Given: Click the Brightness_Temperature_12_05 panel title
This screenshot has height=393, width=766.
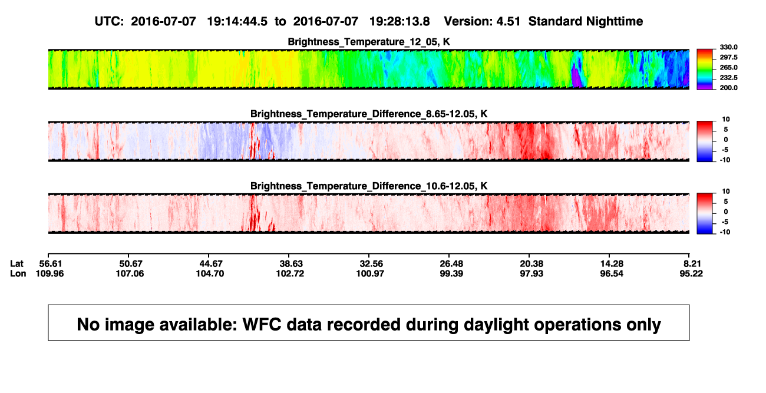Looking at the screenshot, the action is tap(369, 42).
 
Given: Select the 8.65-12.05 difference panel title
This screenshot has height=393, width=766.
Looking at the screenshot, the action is tap(369, 114).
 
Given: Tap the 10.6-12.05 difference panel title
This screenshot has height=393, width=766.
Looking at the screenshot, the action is tap(369, 186).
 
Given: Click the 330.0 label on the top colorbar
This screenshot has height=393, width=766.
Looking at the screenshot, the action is tap(728, 47).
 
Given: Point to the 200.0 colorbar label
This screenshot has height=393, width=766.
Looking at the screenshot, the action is tap(728, 88).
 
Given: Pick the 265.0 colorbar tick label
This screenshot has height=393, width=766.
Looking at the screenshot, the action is tap(728, 67).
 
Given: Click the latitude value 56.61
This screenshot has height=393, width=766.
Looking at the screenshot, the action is tap(51, 264).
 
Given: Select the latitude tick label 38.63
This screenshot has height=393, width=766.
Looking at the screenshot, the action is tap(291, 264).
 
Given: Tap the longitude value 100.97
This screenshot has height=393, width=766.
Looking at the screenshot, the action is tap(370, 273).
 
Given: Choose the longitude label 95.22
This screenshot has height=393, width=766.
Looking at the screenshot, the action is tap(691, 273).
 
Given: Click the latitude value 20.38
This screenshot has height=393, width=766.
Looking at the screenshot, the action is tap(531, 264).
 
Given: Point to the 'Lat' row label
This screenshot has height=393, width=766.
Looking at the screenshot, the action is tap(16, 264).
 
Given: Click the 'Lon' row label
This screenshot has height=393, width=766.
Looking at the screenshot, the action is tap(18, 273).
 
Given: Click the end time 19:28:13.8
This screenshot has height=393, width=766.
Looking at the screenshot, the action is tap(399, 22).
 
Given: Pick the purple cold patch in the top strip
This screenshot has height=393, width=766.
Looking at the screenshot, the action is tap(577, 77).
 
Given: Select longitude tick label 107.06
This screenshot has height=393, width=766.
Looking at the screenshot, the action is tap(130, 273).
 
